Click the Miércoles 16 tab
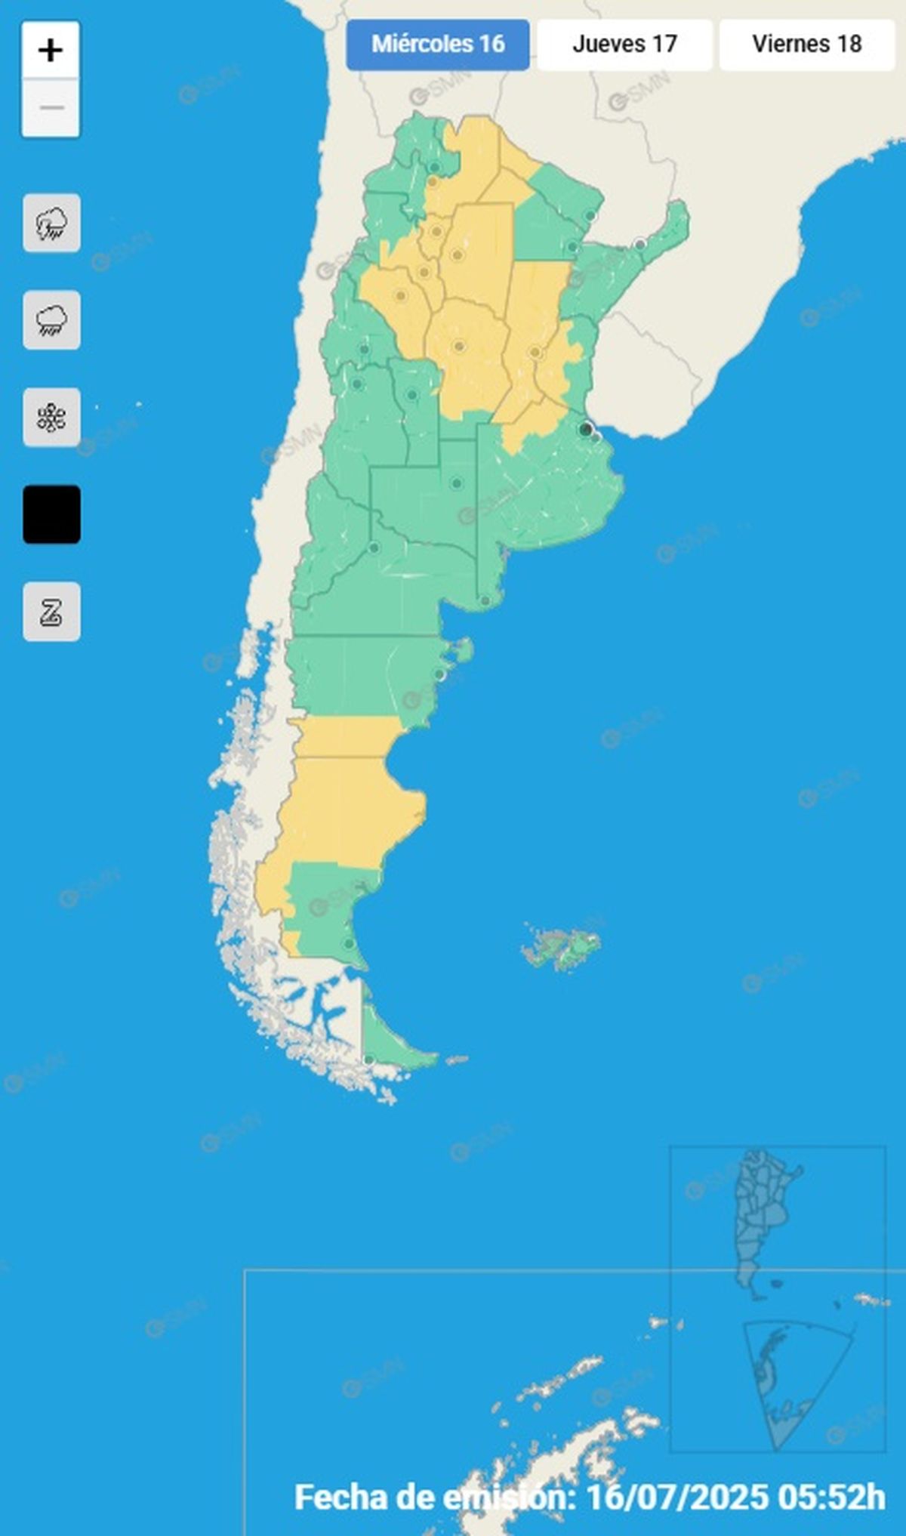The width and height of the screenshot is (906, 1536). (x=438, y=45)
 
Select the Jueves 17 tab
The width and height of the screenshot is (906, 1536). (x=624, y=45)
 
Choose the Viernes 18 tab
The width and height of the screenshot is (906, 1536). (x=806, y=45)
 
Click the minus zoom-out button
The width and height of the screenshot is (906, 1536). (x=51, y=108)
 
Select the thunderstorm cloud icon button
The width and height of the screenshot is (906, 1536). (x=51, y=224)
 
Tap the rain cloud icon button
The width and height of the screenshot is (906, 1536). (x=51, y=320)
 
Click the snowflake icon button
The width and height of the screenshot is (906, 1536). (x=51, y=418)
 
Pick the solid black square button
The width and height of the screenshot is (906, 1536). (x=51, y=514)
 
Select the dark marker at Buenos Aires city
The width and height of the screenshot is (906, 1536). (x=585, y=429)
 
